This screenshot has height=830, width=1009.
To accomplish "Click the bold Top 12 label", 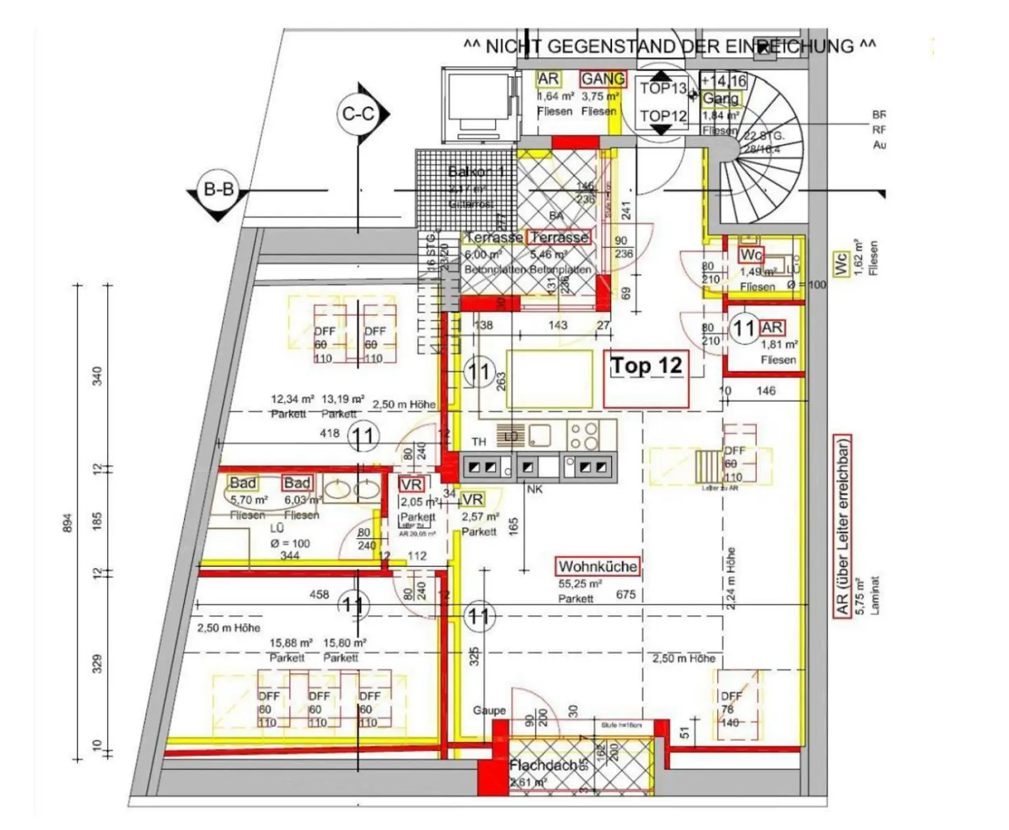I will [x=646, y=365].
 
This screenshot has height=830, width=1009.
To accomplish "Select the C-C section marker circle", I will [x=358, y=114].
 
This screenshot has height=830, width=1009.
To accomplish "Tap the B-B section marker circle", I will [x=219, y=190].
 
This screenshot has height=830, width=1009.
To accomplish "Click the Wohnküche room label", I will [x=597, y=566].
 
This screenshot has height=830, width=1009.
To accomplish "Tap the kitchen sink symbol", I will [x=540, y=434].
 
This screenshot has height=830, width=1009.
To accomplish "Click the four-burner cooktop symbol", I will [x=583, y=434].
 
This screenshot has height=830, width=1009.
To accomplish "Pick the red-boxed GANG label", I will [x=602, y=79].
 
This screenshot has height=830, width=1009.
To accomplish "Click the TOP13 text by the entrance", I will [x=663, y=88].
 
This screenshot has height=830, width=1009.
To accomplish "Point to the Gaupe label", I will [x=489, y=710].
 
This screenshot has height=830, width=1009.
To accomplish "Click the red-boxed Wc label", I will [x=751, y=254].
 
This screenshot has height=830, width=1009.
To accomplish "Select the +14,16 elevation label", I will [x=723, y=81].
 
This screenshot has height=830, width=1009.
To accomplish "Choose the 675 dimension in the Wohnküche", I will [x=625, y=594].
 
